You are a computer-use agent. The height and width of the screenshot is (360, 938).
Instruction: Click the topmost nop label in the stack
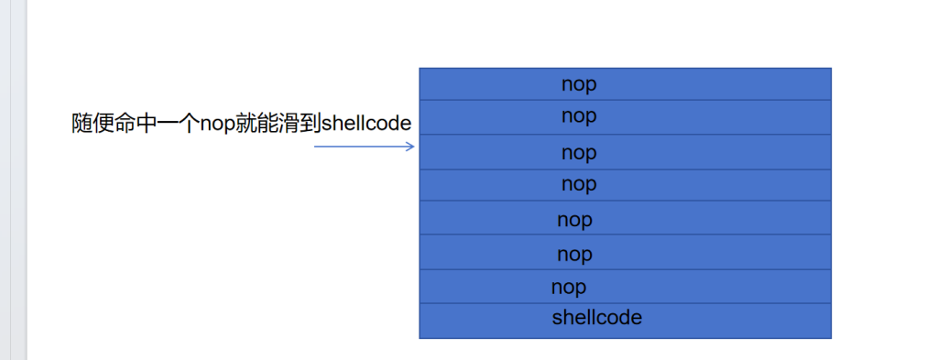579,85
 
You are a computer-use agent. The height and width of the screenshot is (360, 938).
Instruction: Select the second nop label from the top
579,116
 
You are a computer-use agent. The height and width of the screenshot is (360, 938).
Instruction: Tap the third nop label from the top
579,154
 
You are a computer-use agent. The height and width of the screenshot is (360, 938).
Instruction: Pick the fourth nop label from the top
579,185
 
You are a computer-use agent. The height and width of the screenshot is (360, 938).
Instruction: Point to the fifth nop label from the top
575,221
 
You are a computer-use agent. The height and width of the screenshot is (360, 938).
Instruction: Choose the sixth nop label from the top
575,256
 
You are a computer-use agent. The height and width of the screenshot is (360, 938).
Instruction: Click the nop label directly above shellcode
569,289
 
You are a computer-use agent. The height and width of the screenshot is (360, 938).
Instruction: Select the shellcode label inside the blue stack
597,318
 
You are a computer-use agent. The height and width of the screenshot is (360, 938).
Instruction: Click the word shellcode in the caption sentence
366,124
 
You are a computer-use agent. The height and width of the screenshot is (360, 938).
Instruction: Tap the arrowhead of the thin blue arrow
411,147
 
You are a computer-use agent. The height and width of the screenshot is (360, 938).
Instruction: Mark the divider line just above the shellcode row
625,303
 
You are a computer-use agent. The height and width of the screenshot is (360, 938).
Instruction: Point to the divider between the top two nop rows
625,100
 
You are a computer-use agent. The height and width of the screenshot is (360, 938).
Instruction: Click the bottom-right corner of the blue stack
831,338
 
